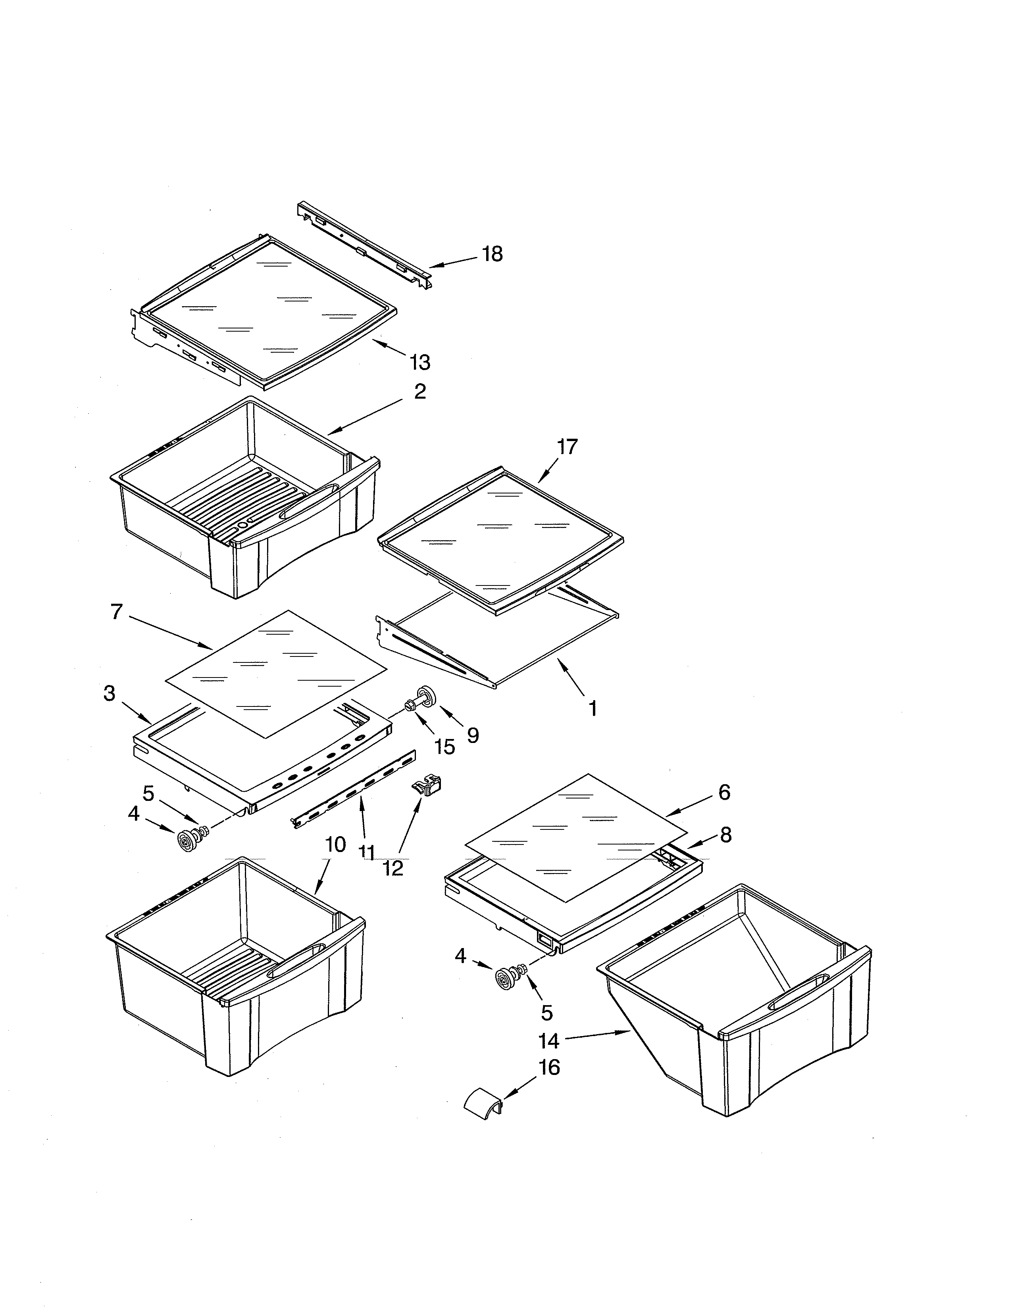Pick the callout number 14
pyautogui.click(x=548, y=1042)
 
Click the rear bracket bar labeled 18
pyautogui.click(x=364, y=246)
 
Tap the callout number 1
pyautogui.click(x=593, y=709)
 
